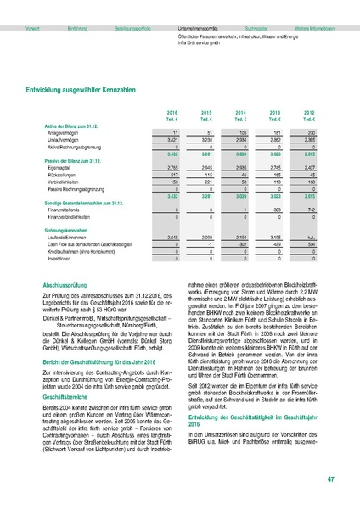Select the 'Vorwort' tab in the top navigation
pyautogui.click(x=33, y=28)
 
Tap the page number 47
pyautogui.click(x=330, y=482)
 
